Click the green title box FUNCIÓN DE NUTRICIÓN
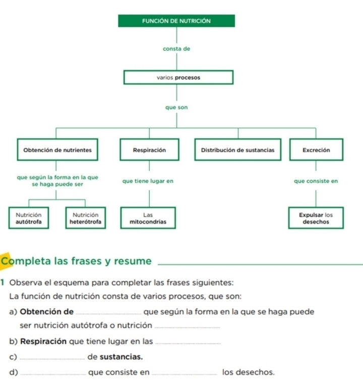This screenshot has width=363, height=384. [176, 21]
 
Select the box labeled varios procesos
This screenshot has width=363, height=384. [178, 78]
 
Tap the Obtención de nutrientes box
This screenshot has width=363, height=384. [57, 150]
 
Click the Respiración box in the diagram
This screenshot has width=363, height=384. [149, 150]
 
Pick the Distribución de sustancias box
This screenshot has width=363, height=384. [238, 150]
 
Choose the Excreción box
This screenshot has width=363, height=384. [316, 150]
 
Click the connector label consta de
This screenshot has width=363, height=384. [176, 49]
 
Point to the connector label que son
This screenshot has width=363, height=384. [176, 107]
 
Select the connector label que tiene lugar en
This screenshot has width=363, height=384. [148, 181]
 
